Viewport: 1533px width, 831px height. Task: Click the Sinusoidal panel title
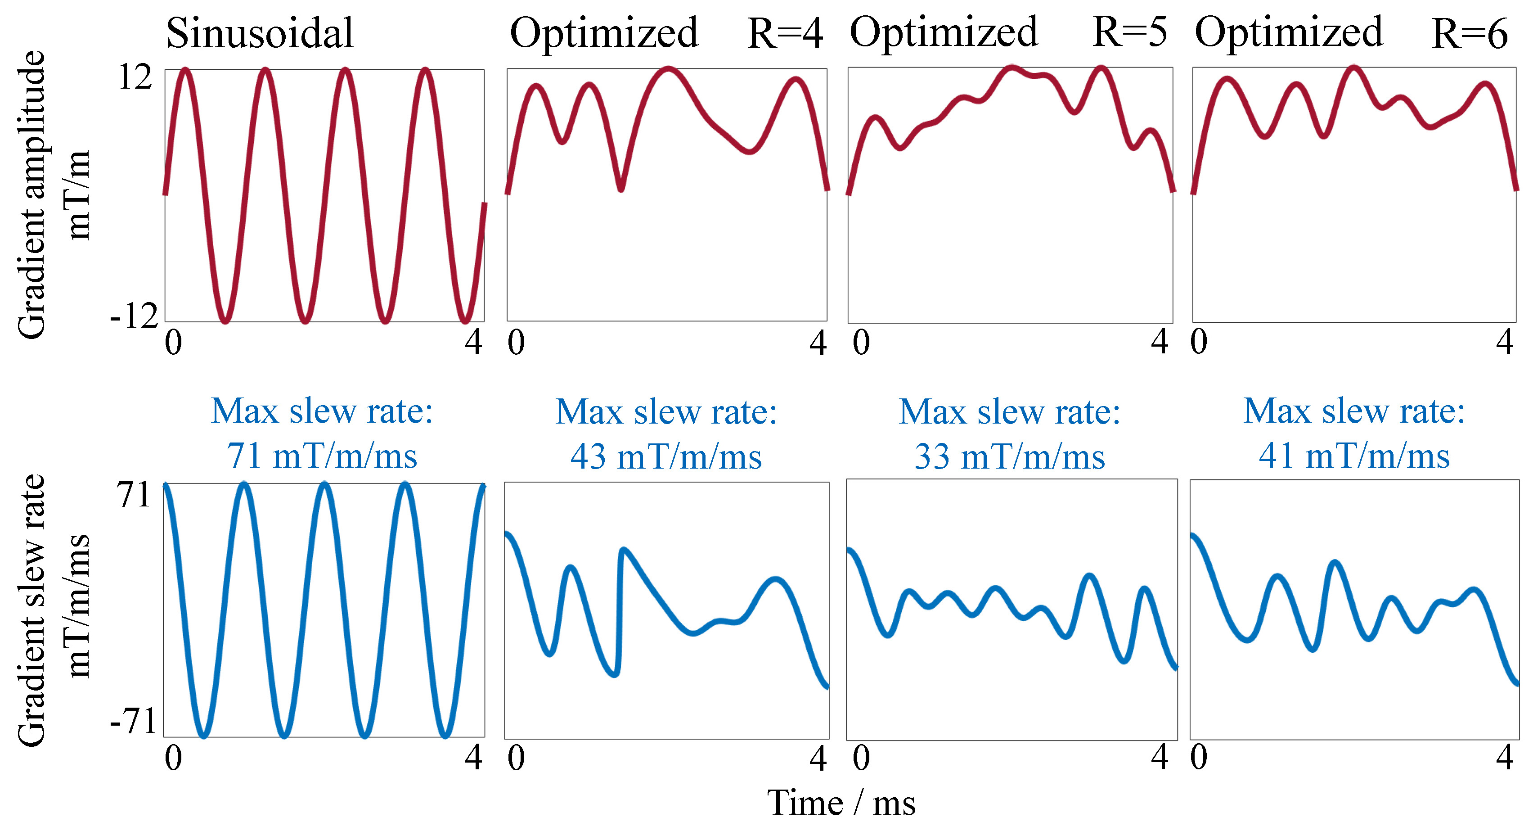[x=260, y=33]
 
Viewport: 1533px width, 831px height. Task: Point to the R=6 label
[x=1469, y=34]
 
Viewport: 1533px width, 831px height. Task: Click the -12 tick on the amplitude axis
[x=134, y=316]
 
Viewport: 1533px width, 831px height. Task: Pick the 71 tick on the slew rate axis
[x=133, y=495]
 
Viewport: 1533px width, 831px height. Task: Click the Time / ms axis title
[x=841, y=803]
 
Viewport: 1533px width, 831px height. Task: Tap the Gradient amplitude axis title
[x=31, y=194]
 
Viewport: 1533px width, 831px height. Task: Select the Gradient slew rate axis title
[x=31, y=610]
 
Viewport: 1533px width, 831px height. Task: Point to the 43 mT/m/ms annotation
[x=666, y=458]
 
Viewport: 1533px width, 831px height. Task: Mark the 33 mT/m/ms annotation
[x=1009, y=458]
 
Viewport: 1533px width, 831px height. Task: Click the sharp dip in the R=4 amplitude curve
[x=620, y=188]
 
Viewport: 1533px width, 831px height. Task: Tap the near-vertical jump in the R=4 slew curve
[x=620, y=613]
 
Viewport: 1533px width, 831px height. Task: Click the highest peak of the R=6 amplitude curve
[x=1354, y=68]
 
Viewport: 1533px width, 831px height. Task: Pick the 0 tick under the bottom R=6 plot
[x=1199, y=758]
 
